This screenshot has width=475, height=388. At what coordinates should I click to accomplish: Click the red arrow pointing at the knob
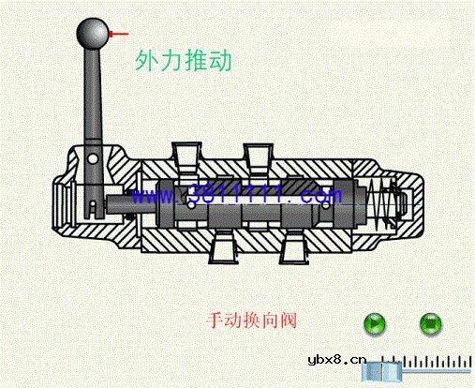[119, 35]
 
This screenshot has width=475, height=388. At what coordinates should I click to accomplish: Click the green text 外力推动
[184, 64]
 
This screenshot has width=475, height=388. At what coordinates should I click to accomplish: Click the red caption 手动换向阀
[251, 320]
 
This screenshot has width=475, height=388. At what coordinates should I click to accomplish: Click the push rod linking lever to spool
[122, 200]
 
